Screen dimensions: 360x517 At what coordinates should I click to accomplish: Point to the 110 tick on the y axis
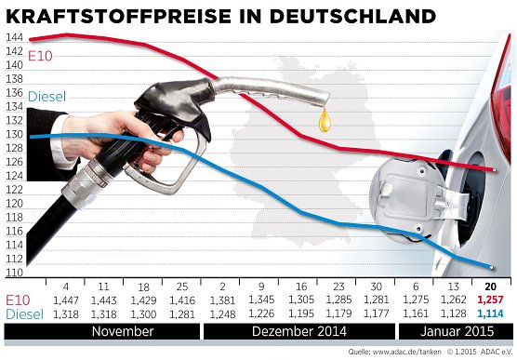tap(14, 273)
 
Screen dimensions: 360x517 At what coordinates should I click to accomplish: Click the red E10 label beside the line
tap(41, 57)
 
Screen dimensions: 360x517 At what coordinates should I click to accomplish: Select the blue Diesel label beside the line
tap(47, 97)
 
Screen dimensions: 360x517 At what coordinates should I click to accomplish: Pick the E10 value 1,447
tap(67, 301)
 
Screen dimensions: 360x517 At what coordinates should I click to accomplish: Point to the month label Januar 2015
tap(452, 332)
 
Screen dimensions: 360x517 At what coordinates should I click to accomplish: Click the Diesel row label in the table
tap(24, 315)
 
